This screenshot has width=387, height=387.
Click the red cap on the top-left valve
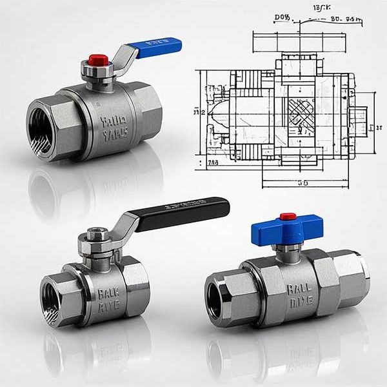[95, 60]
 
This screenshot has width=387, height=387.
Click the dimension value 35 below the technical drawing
[301, 183]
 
